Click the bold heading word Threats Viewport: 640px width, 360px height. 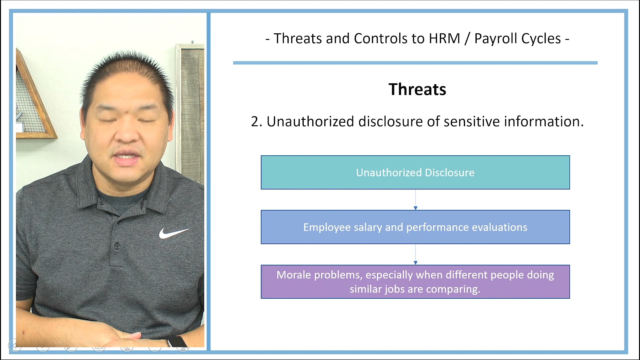click(417, 89)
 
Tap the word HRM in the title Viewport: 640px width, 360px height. click(444, 39)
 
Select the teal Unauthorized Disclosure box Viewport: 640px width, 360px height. click(415, 172)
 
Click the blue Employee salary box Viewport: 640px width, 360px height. click(415, 227)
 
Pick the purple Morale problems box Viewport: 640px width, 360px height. click(415, 282)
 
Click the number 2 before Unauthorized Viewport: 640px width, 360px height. click(255, 122)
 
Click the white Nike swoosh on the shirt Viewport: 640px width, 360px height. click(173, 233)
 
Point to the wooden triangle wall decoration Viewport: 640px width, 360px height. click(33, 100)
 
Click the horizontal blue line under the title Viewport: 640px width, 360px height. click(415, 63)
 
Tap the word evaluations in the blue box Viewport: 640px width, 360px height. click(499, 227)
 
